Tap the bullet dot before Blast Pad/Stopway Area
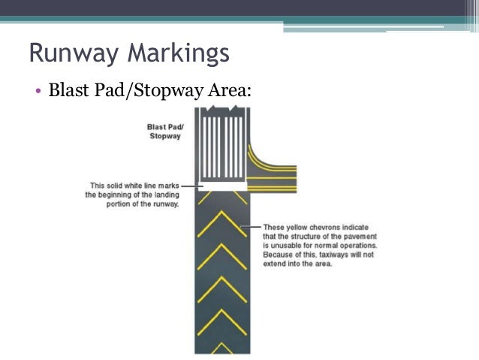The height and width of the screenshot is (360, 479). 37,92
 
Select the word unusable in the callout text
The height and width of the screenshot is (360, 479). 286,245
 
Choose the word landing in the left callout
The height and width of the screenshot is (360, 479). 162,195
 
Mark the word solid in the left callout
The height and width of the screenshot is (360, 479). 116,186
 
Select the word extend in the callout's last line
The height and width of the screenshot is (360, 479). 275,263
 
